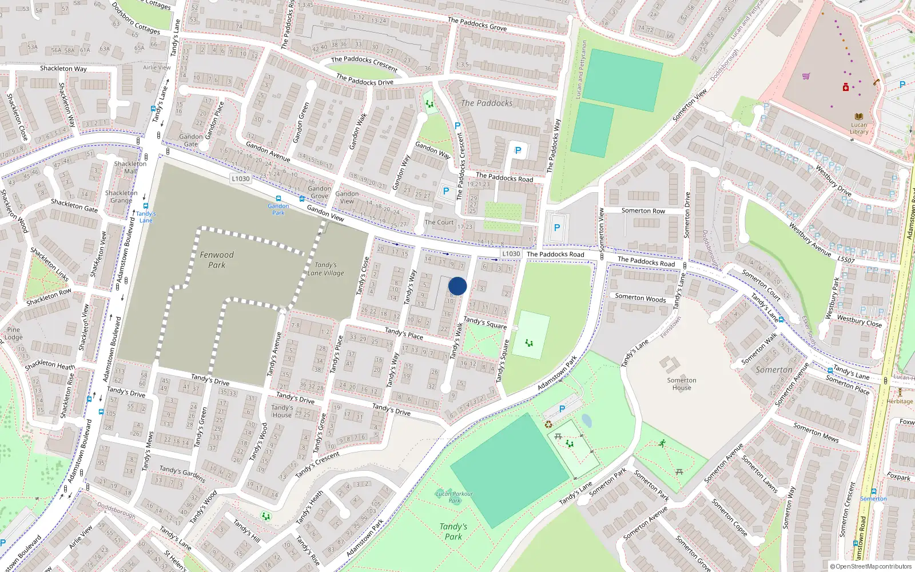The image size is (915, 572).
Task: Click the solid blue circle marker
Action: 457,286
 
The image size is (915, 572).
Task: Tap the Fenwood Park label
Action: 217,260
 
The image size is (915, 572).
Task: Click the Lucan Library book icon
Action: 858,116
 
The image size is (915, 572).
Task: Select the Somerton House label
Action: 682,384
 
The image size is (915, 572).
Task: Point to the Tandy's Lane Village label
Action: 326,269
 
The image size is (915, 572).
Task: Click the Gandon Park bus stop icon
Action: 279,198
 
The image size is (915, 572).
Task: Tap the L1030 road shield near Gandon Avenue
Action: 241,178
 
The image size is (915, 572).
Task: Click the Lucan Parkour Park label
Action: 455,496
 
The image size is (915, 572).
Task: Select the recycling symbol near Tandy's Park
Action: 548,424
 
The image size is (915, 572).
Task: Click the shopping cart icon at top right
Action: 806,76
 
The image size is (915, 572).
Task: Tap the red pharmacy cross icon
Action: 846,87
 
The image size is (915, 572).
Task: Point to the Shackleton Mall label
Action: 130,167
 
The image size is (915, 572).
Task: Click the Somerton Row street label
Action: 643,210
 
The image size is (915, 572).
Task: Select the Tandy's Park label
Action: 453,531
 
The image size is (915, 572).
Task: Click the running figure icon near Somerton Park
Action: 662,443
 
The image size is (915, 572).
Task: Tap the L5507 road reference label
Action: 846,260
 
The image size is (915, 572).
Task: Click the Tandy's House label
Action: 282,411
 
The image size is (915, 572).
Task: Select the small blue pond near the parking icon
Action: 586,421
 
